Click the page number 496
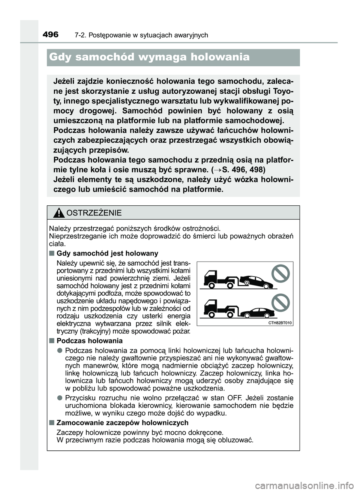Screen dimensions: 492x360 [51, 35]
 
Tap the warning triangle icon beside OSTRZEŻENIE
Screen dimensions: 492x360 [58, 214]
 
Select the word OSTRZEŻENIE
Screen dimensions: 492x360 [94, 213]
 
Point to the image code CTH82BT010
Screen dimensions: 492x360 [280, 323]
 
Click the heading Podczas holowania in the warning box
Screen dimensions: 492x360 [89, 341]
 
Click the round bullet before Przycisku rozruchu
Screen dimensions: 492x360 [60, 398]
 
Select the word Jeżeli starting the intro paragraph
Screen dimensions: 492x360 [66, 82]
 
